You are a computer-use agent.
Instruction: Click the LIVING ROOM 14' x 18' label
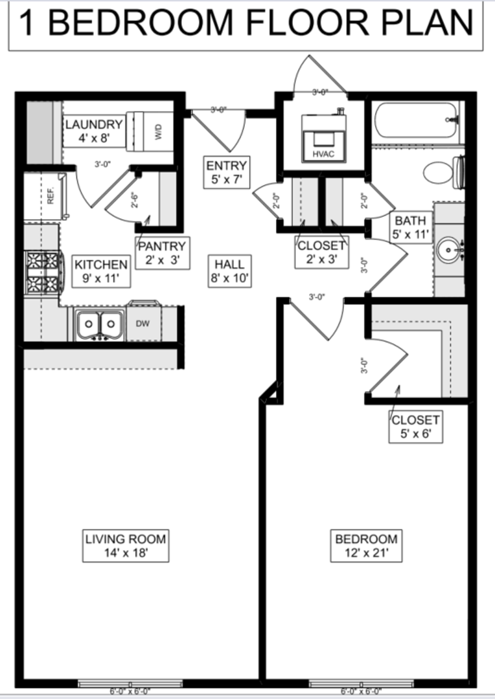click(126, 546)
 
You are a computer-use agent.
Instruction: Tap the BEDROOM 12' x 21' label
click(366, 546)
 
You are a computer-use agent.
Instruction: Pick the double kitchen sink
click(100, 324)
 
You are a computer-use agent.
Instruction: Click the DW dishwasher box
click(143, 322)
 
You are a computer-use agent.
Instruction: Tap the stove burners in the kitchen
click(41, 272)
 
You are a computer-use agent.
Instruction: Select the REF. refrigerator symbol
click(51, 196)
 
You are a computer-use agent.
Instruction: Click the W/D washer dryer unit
click(152, 131)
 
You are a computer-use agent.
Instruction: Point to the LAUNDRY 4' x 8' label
click(94, 130)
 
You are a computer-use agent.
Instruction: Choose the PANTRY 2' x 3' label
click(162, 252)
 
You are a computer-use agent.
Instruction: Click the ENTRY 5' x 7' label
click(226, 172)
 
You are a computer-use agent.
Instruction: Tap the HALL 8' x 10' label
click(229, 271)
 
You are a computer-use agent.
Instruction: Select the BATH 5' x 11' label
click(410, 228)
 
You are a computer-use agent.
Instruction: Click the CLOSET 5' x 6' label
click(416, 427)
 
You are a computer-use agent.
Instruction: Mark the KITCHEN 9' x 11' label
click(101, 271)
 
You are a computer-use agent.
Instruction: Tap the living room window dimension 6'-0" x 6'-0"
click(129, 691)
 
